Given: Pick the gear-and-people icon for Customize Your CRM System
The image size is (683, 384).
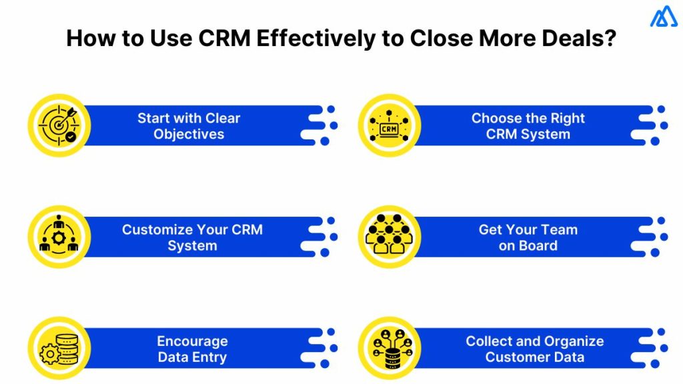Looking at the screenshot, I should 59,237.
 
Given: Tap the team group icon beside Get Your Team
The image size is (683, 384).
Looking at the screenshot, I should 389,237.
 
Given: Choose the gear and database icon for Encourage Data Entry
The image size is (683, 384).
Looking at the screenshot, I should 59,348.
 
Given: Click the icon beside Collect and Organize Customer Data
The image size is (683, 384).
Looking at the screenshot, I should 389,348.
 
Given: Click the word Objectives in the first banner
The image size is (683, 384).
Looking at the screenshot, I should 189,134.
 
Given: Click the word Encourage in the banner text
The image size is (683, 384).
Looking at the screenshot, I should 192,341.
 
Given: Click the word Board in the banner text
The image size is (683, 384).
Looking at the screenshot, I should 538,245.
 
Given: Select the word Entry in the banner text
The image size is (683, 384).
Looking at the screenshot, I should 208,357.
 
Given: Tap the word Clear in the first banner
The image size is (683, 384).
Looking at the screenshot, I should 223,118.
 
